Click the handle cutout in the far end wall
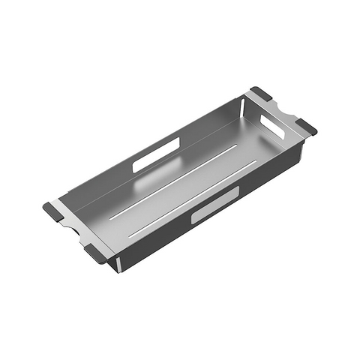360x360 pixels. click(272, 127)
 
